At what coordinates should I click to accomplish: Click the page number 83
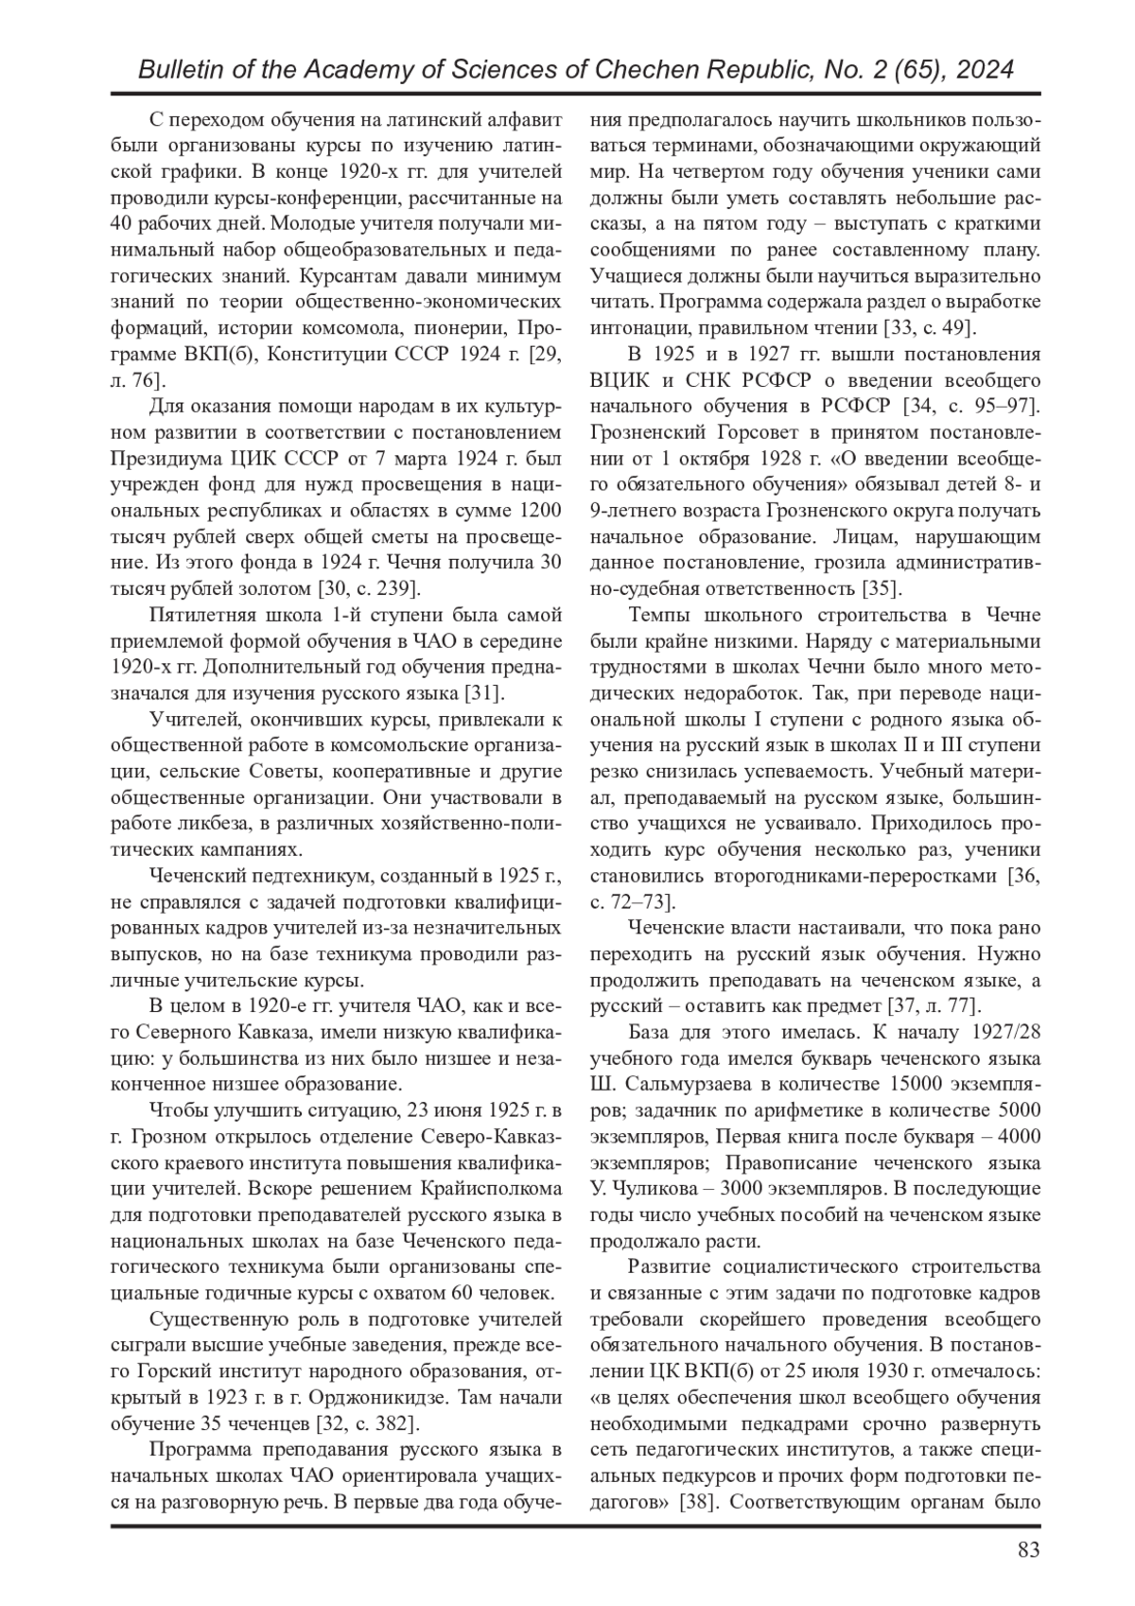click(x=1029, y=1549)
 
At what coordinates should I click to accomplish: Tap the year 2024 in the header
click(x=984, y=70)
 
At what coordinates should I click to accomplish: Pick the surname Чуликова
click(x=651, y=1188)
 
